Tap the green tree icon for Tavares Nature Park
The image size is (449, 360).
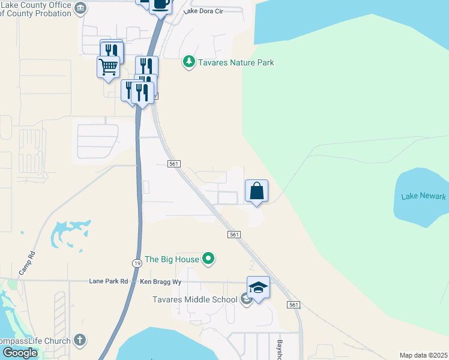[189, 62]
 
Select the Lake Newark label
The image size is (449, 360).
[424, 196]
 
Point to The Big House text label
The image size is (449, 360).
[172, 259]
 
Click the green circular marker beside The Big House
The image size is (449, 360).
[208, 259]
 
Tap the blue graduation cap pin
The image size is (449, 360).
[258, 288]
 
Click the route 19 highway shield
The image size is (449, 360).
[137, 263]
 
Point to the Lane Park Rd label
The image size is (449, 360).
[109, 281]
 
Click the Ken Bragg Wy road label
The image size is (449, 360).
[160, 281]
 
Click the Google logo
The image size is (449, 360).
[20, 352]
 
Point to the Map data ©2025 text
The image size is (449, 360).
[423, 355]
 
